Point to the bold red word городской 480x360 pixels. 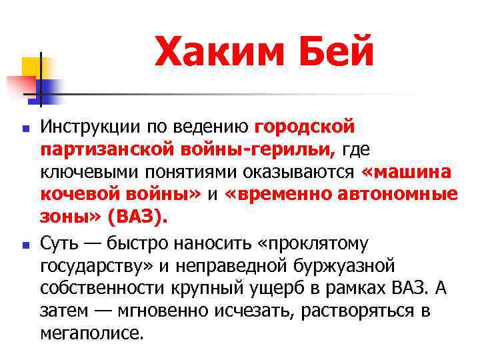[x=304, y=127]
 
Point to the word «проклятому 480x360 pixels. [x=310, y=242]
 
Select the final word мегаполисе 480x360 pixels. [x=92, y=333]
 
